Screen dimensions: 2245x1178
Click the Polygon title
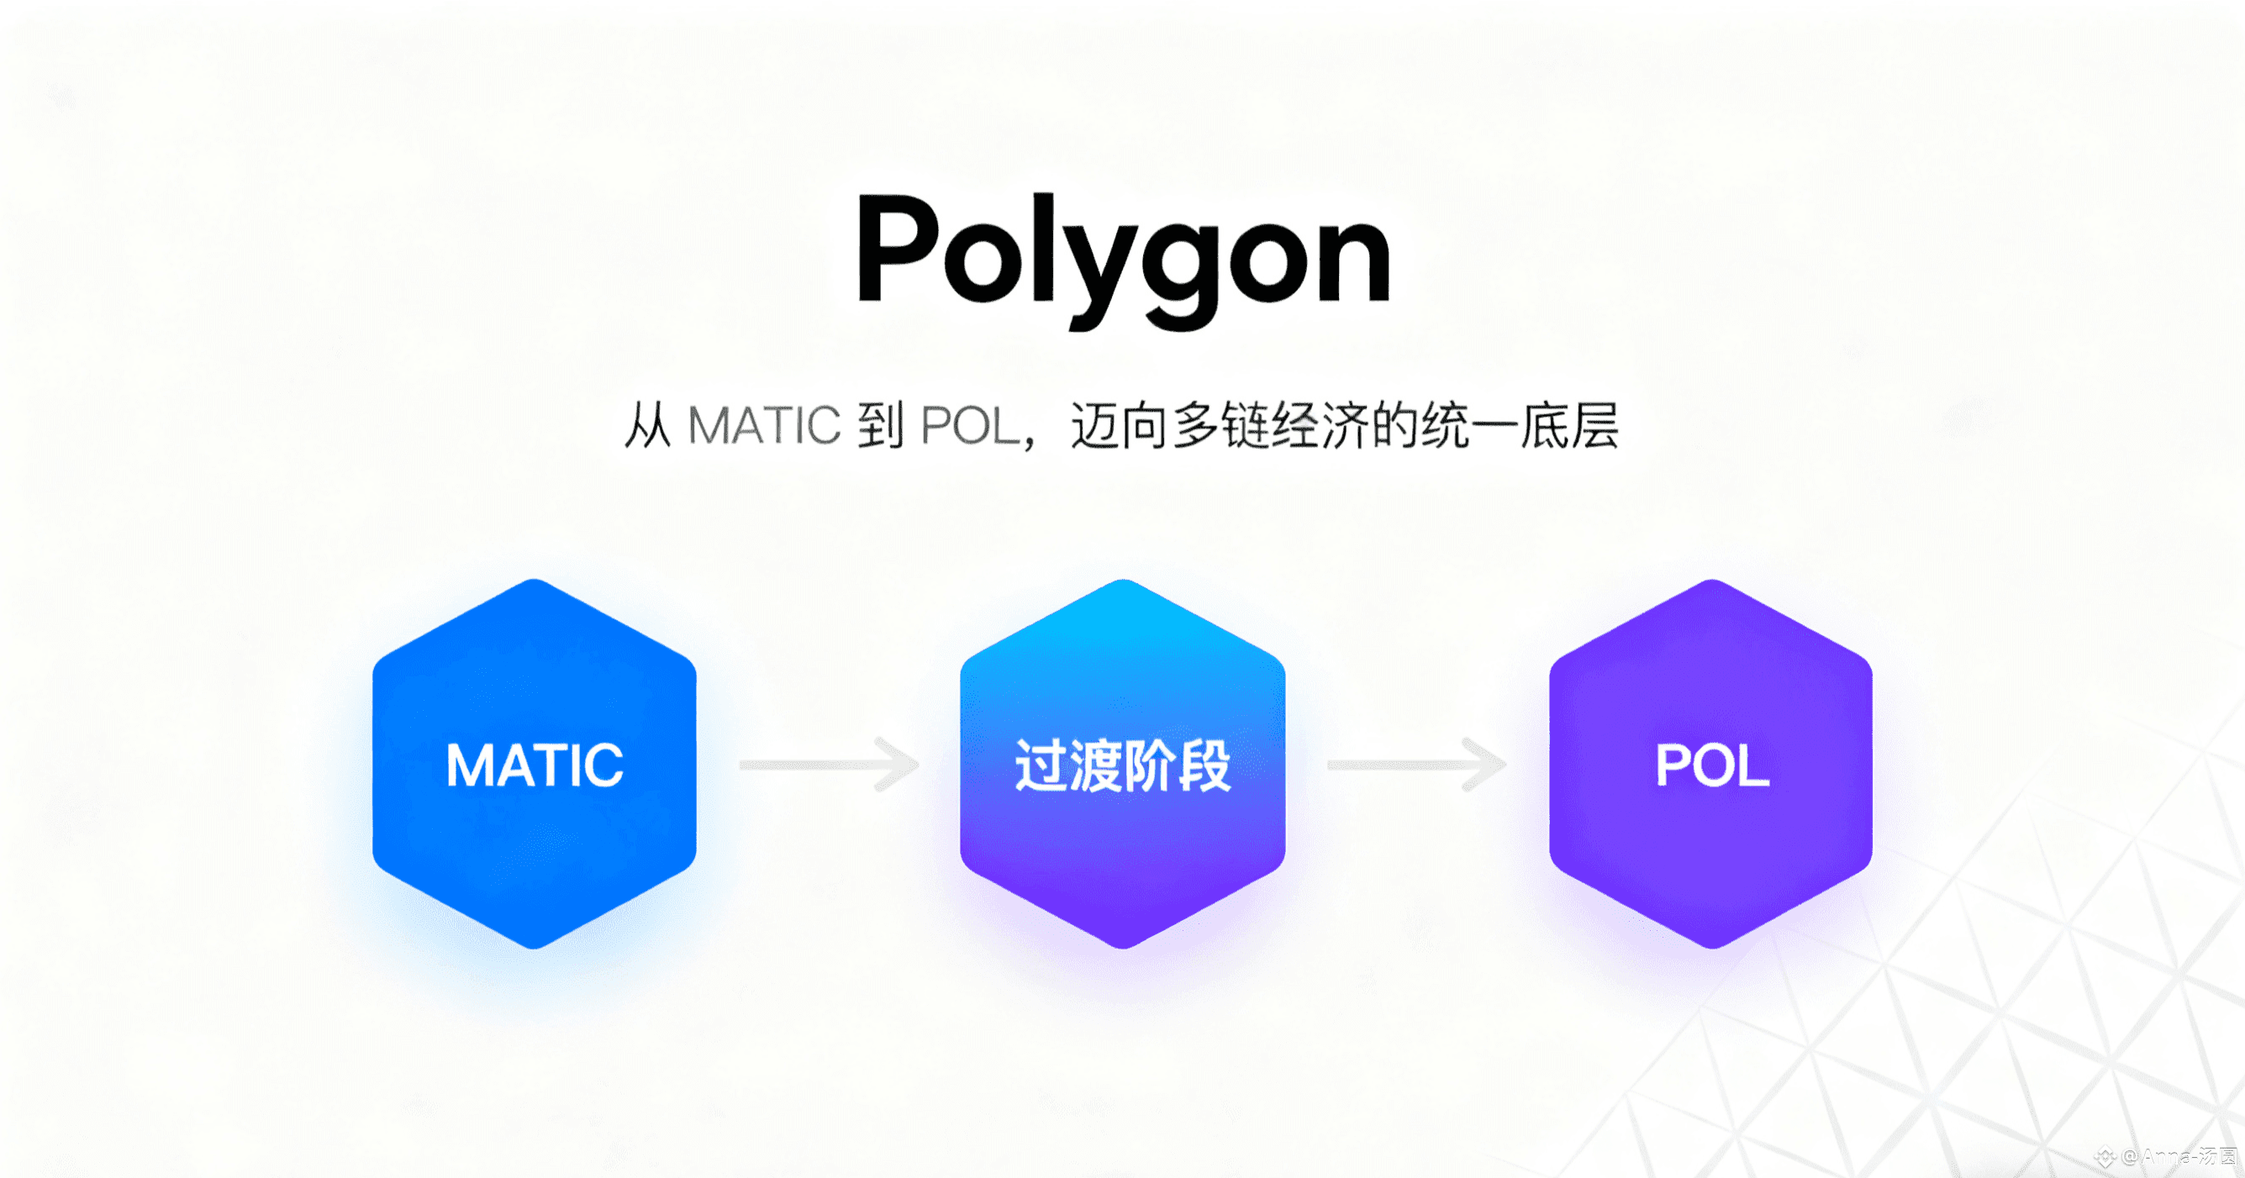point(1123,253)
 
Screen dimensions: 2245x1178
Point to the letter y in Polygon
point(1094,270)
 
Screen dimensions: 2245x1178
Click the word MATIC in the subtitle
point(763,426)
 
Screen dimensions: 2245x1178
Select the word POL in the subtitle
point(970,426)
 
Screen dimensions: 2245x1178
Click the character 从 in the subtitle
point(647,426)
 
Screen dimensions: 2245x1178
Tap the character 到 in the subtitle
point(880,426)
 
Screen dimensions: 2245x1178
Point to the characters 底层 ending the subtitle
point(1568,426)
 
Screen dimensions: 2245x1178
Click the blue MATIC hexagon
point(535,837)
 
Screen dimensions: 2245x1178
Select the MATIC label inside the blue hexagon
point(535,765)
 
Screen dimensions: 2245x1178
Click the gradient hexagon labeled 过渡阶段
point(1123,854)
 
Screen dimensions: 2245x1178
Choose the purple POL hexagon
point(1710,854)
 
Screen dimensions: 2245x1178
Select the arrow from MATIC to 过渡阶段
point(828,765)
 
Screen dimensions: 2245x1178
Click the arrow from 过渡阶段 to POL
point(1416,765)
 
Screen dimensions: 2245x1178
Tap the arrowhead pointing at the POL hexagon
point(1486,765)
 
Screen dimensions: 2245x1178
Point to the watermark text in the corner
point(2170,1157)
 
